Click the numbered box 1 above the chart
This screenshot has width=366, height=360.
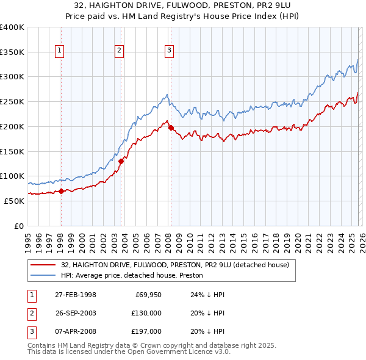(x=60, y=51)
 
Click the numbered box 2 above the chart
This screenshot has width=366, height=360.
(x=119, y=51)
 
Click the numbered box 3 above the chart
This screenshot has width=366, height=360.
(x=168, y=51)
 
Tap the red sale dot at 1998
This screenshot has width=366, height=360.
(x=61, y=191)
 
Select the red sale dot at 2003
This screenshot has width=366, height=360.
(x=121, y=161)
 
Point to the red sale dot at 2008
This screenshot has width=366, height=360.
(x=171, y=128)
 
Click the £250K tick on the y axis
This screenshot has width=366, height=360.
(x=12, y=102)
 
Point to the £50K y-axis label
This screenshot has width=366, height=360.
(x=13, y=201)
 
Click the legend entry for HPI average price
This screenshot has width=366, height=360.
(x=132, y=276)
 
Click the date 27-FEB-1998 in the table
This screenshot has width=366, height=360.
(x=76, y=295)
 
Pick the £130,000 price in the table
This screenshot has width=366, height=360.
(x=146, y=313)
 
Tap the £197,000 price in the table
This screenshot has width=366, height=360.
(x=146, y=331)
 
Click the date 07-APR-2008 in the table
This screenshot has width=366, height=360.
(x=76, y=331)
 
